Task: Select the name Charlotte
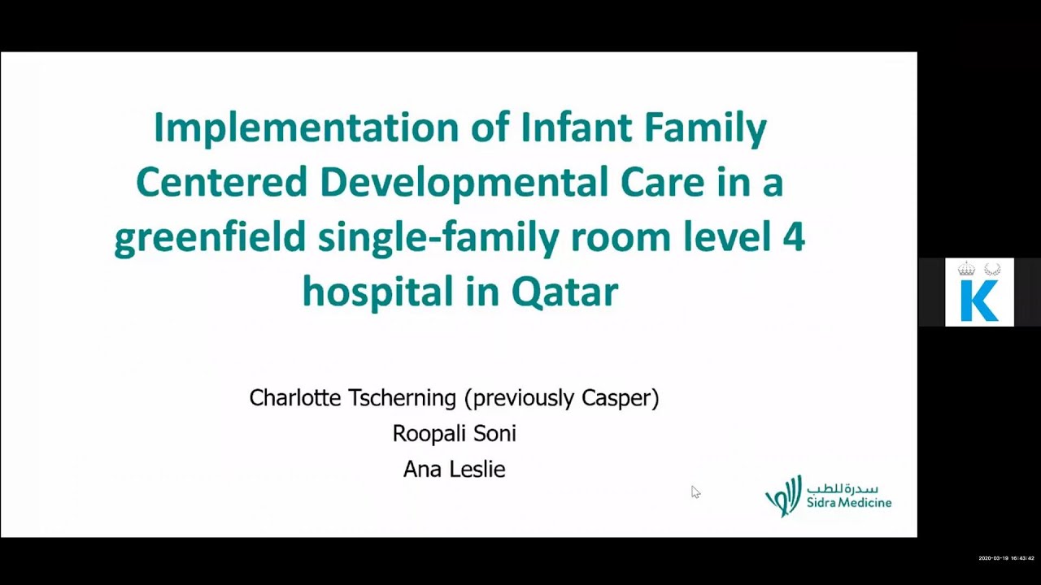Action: pyautogui.click(x=294, y=398)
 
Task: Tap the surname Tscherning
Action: pyautogui.click(x=402, y=398)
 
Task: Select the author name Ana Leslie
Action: pyautogui.click(x=454, y=470)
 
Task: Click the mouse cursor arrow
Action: pyautogui.click(x=695, y=491)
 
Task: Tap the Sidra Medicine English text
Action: pyautogui.click(x=849, y=503)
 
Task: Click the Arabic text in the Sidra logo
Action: pyautogui.click(x=843, y=489)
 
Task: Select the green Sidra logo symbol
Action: pyautogui.click(x=782, y=496)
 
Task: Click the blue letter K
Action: pyautogui.click(x=978, y=301)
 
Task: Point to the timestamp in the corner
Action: pyautogui.click(x=1006, y=558)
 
